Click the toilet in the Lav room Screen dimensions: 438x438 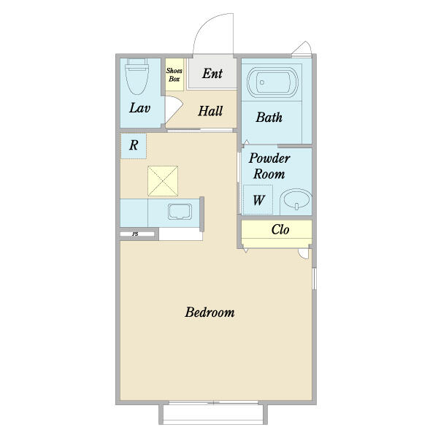click(137, 76)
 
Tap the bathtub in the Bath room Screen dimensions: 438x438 click(272, 82)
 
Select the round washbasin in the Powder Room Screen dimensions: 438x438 click(296, 199)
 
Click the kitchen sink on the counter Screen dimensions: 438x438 click(180, 212)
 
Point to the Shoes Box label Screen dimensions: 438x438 click(174, 75)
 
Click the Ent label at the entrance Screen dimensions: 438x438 click(212, 74)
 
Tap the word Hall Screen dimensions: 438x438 click(210, 111)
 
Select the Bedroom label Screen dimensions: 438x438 click(210, 312)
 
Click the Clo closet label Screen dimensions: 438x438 click(280, 230)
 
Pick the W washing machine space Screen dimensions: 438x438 click(258, 200)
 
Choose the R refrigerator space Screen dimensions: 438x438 click(134, 146)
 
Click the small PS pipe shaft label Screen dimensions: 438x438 click(135, 234)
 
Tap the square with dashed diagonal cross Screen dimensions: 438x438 click(163, 181)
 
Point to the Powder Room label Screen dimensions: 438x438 click(269, 166)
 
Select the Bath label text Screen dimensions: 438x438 click(269, 118)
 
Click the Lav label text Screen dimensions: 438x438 click(139, 108)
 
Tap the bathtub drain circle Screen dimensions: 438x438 click(262, 82)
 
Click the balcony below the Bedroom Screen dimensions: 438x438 click(213, 414)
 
